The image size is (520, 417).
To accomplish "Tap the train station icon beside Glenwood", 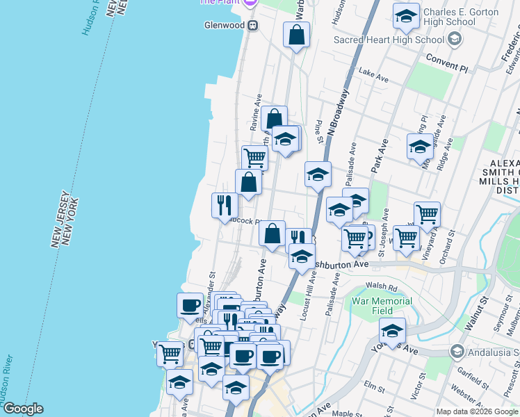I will point(253,25).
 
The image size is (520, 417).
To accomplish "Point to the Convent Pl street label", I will point(448,66).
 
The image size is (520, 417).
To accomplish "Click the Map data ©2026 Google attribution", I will point(477,411).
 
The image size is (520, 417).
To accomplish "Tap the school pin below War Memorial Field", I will point(392,331).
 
